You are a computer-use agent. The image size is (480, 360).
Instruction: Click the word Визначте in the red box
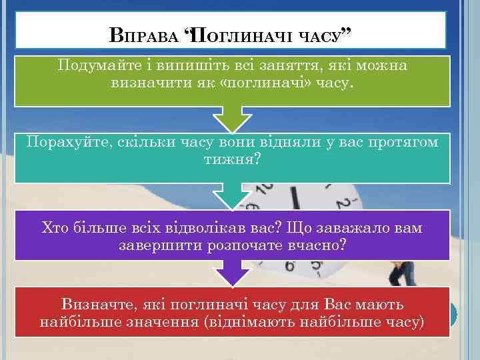(91, 305)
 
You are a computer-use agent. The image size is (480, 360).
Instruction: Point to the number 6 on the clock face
(289, 265)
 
